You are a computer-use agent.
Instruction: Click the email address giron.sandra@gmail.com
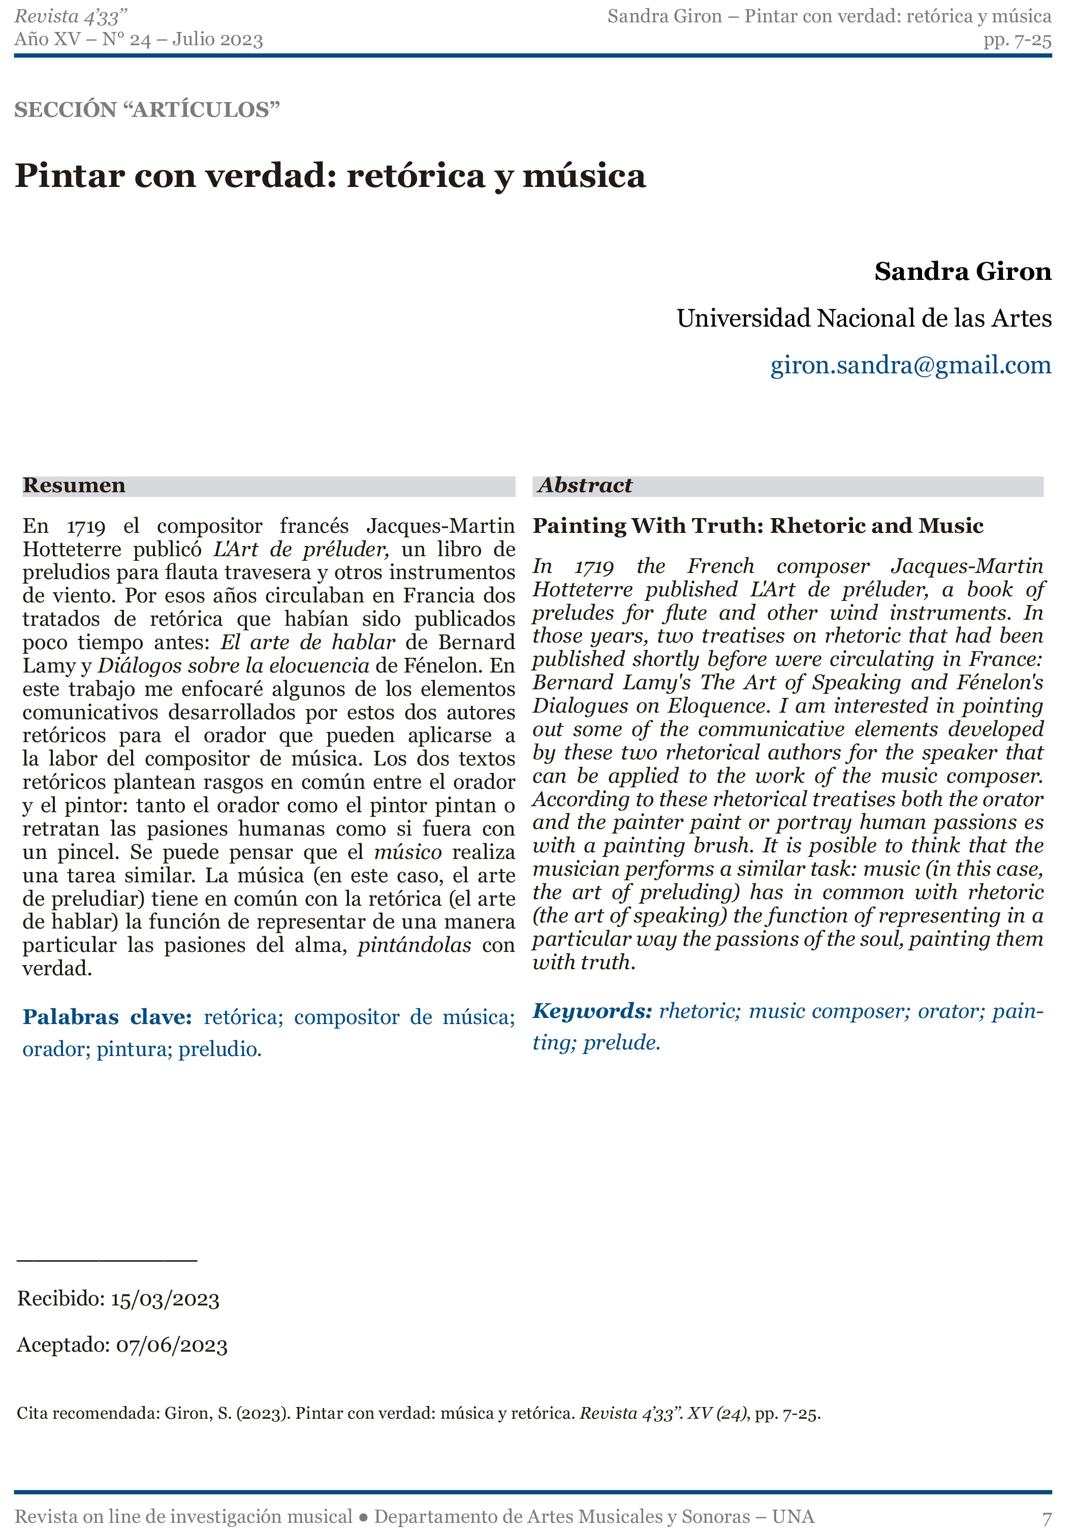coord(910,365)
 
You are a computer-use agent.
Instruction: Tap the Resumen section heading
coord(74,485)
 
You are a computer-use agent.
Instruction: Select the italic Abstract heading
coord(585,485)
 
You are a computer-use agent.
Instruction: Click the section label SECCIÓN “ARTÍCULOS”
coord(147,109)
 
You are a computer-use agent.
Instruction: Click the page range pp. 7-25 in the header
coord(1017,40)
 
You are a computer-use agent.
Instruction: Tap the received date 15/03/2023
coord(165,1299)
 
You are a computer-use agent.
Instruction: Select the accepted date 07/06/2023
coord(172,1345)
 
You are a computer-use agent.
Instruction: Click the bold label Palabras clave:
coord(107,1017)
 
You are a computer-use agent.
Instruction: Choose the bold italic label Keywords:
coord(591,1011)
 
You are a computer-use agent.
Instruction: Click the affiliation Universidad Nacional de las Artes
coord(864,318)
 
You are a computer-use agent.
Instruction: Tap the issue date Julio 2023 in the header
coord(217,40)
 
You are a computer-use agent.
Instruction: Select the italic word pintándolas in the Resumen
coord(414,945)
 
